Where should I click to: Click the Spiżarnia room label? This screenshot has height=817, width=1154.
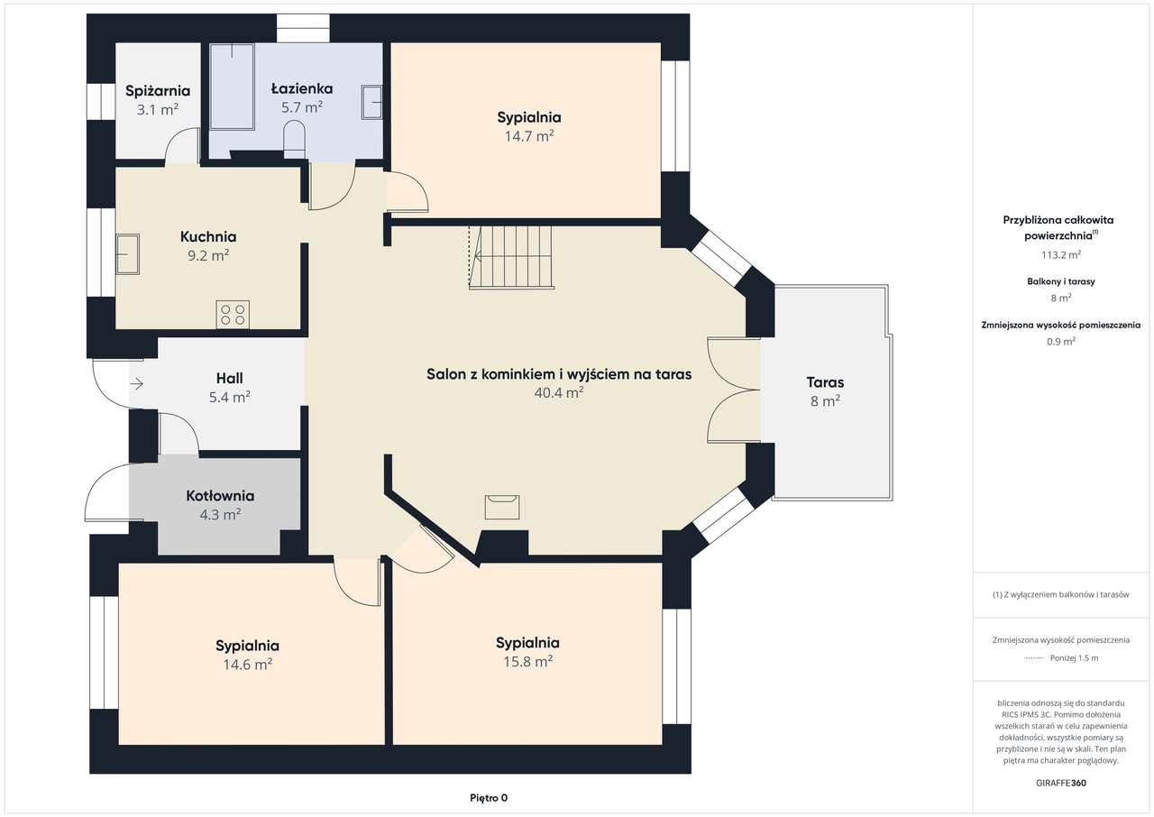tap(158, 91)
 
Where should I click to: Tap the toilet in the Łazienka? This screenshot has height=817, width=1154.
tap(295, 139)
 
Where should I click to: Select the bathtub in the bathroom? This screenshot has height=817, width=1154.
tap(233, 86)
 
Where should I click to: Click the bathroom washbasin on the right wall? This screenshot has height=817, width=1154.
tap(372, 103)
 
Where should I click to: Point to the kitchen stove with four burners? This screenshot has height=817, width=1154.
tap(233, 314)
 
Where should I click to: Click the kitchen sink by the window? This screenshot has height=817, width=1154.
tap(128, 254)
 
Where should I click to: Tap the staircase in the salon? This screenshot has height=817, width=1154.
tap(510, 257)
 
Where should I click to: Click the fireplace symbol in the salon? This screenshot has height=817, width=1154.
tap(502, 507)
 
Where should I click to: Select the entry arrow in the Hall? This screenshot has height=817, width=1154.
tap(136, 384)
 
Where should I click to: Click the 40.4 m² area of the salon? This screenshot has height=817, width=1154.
tap(559, 393)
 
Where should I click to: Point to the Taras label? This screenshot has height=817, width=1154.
tap(825, 382)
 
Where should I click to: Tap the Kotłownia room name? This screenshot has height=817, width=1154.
tap(220, 496)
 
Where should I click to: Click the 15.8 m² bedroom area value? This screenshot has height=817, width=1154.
tap(527, 661)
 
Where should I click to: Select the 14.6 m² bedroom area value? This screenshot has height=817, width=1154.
tap(247, 665)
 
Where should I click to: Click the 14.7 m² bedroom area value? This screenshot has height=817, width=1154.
tap(529, 136)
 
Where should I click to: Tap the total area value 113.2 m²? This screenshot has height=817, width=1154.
tap(1061, 254)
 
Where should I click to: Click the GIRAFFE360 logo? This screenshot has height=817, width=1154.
tap(1061, 783)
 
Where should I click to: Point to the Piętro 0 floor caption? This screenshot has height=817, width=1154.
tap(489, 798)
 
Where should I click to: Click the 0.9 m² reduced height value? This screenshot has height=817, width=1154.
tap(1061, 342)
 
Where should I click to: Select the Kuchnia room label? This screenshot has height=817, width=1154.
tap(208, 237)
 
